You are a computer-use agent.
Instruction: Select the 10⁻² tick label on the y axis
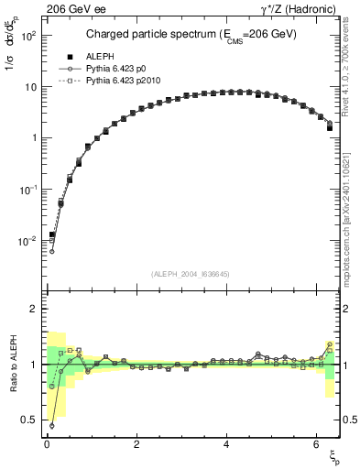[x=29, y=241]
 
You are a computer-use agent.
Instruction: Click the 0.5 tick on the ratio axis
[x=29, y=420]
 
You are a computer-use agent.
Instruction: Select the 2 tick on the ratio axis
[x=33, y=310]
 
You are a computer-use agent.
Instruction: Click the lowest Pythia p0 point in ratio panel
[x=51, y=425]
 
